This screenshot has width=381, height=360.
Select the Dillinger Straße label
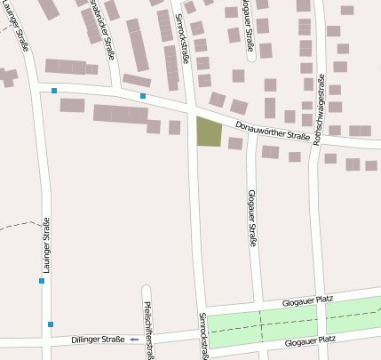(99, 339)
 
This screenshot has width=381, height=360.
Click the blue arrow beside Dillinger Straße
(134, 339)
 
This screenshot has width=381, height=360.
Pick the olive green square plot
(208, 132)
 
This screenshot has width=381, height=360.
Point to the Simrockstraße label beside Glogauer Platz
(203, 336)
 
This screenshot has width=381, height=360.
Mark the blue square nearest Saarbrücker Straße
(143, 96)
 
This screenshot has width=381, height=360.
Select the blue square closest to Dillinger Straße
(51, 324)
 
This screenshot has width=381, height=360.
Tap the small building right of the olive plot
(235, 142)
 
